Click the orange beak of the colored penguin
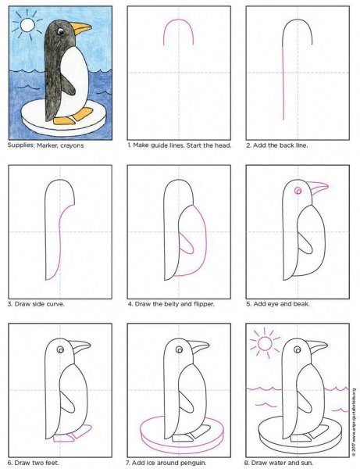tap(80, 27)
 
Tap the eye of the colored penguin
tap(61, 31)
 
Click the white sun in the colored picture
tap(28, 25)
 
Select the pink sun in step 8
tap(265, 343)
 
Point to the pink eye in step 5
tap(298, 191)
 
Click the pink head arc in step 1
tap(178, 20)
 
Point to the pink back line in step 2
tap(283, 83)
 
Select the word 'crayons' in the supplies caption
tap(73, 145)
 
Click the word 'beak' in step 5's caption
tap(301, 304)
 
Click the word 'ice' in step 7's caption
tap(155, 463)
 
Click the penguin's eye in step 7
tap(180, 349)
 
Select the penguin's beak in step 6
tap(81, 346)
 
